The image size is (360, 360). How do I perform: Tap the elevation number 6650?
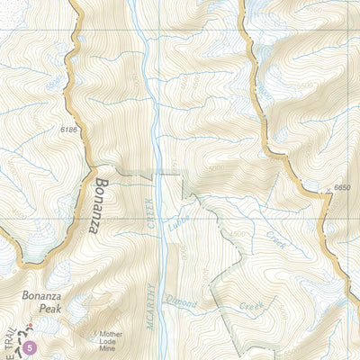coord(341,187)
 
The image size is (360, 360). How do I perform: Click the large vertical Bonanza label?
coord(97,204)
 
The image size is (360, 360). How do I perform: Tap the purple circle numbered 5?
coord(31,346)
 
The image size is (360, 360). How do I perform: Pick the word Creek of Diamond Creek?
coord(249,306)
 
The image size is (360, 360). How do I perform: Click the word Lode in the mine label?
coord(109,336)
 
